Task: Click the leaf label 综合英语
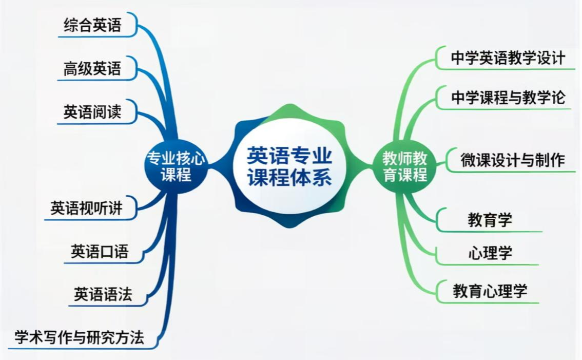coord(92,25)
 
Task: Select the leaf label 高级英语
coord(92,69)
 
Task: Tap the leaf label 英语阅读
coord(92,112)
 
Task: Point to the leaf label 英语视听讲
coord(87,208)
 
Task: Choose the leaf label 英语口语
coord(100,252)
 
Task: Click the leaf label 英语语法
coord(103,294)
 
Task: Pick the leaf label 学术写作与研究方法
coord(79,337)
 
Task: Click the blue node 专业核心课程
coord(176,166)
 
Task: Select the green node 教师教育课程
coord(405,166)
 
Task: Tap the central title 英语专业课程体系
coord(289,166)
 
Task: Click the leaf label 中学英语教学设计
coord(508,58)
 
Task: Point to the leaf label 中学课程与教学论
coord(508,98)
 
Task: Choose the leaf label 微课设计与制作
coord(513,160)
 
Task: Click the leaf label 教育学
coord(490,220)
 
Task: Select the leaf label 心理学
coord(490,253)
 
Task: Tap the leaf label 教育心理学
coord(490,291)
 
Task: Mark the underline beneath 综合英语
coord(97,36)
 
